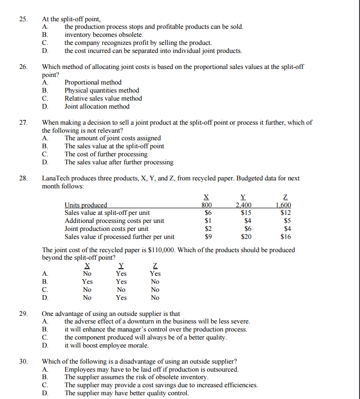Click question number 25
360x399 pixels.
click(x=23, y=19)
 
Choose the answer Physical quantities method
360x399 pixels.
click(x=101, y=90)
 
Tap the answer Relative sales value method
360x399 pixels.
click(x=103, y=98)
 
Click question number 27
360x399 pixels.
click(x=23, y=122)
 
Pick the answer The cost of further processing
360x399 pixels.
click(x=106, y=154)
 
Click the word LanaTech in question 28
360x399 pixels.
click(x=57, y=178)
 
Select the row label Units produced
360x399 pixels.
click(x=85, y=205)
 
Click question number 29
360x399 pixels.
click(x=23, y=314)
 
